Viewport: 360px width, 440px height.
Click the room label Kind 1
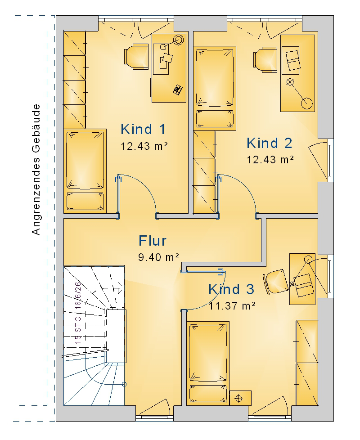click(143, 130)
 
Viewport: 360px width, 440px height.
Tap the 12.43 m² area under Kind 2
click(270, 160)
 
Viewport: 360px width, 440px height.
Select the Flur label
click(153, 241)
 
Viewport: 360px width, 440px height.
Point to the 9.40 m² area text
click(158, 257)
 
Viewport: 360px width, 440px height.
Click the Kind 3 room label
click(231, 289)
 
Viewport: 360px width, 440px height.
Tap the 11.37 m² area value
click(232, 305)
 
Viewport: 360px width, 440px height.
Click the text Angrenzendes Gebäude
click(36, 170)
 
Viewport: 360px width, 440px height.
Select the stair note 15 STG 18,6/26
click(78, 313)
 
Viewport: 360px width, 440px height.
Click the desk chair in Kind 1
click(136, 56)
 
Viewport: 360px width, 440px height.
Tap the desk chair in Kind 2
click(265, 60)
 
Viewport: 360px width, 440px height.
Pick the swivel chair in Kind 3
click(276, 282)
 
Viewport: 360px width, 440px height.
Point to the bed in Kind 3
click(208, 363)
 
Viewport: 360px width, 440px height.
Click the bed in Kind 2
click(215, 88)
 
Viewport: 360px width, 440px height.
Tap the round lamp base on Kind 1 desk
click(178, 40)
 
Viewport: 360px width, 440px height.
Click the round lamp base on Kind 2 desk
click(307, 103)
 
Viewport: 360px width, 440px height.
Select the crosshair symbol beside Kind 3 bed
click(239, 398)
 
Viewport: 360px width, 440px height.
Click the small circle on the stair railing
click(124, 385)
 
